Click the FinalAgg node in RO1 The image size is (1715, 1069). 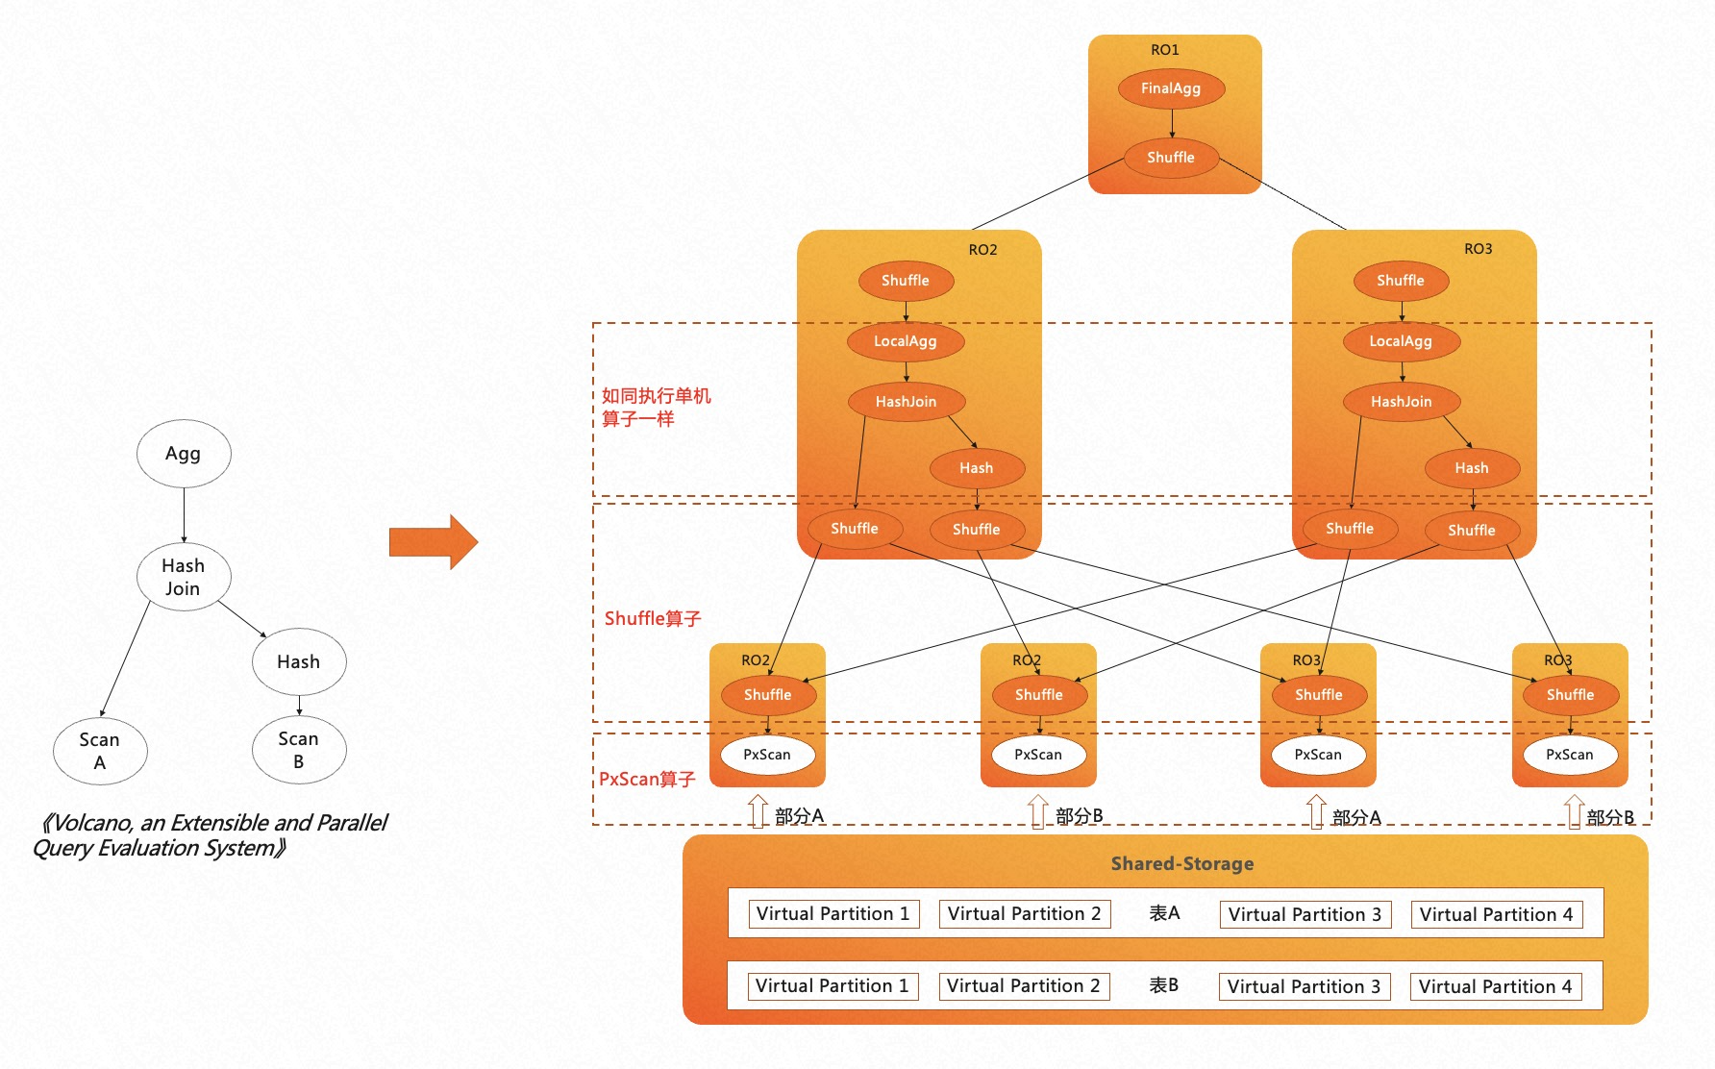(1171, 88)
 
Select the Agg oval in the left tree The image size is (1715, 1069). (183, 454)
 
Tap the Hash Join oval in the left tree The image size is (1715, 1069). (183, 577)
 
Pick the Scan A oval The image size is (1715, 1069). (100, 751)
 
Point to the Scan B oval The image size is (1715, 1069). (298, 750)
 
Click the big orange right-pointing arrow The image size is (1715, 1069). (433, 542)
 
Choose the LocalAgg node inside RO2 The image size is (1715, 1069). (905, 341)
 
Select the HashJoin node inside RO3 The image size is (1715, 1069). (1401, 402)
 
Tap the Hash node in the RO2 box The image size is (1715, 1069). (976, 468)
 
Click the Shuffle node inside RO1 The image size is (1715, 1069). (1171, 158)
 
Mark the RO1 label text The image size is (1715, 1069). (1164, 50)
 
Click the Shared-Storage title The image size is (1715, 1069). (1181, 863)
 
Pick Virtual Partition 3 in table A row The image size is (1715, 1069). (1305, 914)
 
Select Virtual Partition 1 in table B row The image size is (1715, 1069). (832, 986)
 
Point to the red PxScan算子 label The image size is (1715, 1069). (647, 779)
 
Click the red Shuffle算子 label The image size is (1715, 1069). (653, 618)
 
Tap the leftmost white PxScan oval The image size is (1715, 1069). (767, 755)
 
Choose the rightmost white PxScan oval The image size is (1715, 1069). (1569, 755)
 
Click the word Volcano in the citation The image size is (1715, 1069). (92, 823)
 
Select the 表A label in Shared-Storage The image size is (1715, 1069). (1164, 913)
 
